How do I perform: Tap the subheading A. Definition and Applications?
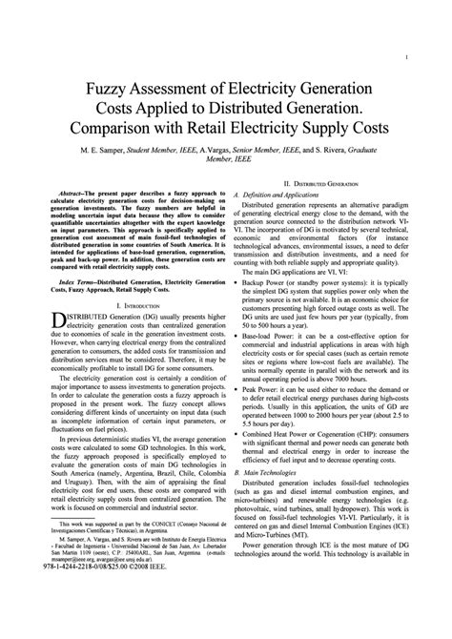point(285,194)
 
